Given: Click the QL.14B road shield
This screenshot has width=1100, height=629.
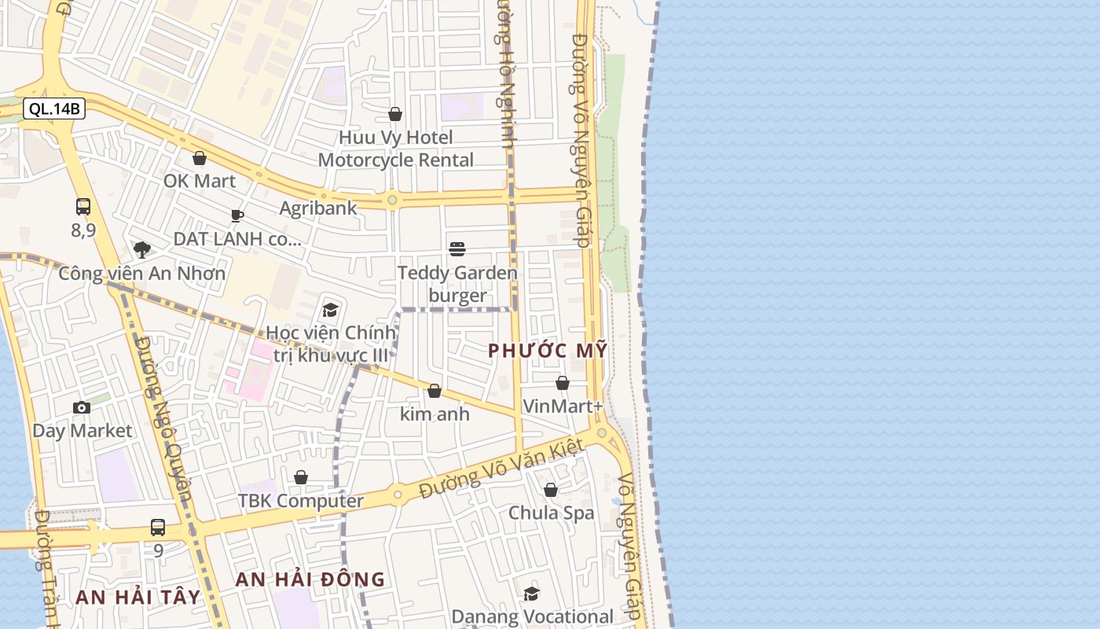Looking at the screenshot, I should click(54, 109).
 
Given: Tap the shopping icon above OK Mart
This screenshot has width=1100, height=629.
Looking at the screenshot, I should click(200, 158).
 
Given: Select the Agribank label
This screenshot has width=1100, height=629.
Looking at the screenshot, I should click(318, 208).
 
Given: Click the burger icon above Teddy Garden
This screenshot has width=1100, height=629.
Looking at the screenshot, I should click(457, 249).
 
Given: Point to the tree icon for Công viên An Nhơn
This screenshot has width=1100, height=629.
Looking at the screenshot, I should click(142, 250).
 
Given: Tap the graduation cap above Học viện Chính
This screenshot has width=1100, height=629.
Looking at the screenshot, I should click(330, 310).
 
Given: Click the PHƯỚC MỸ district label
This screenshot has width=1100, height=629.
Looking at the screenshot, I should click(548, 351).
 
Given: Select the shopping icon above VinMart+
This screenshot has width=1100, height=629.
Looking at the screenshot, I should click(563, 383).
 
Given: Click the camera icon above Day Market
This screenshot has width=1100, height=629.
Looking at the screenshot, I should click(82, 407).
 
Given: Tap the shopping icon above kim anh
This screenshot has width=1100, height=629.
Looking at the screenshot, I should click(434, 391).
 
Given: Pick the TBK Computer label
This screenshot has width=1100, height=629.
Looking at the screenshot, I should click(301, 501).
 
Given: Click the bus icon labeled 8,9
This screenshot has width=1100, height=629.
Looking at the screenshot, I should click(83, 207).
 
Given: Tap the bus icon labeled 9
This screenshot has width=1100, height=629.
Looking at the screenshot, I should click(158, 528).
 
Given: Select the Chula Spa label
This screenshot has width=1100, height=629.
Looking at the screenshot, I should click(551, 513).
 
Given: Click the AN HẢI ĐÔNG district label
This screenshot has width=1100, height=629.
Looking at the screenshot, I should click(310, 580).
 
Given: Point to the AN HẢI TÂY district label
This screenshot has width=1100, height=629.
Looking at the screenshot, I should click(138, 597).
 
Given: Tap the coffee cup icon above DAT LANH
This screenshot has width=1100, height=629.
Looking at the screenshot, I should click(237, 215).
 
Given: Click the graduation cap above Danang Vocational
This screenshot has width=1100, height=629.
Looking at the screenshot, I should click(532, 594).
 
